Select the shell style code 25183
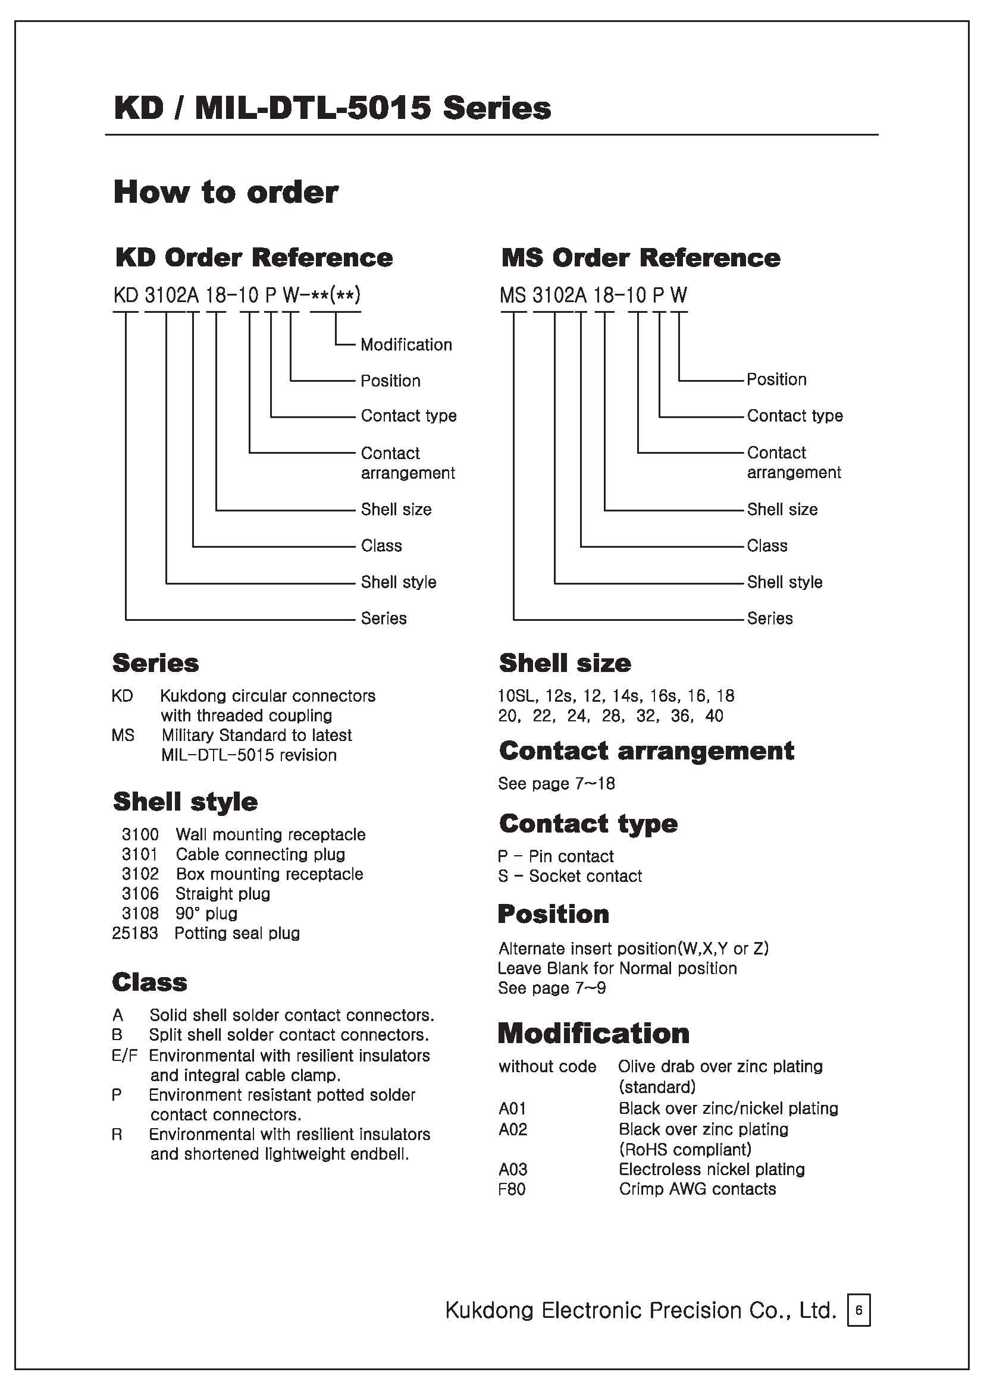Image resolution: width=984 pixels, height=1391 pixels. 134,933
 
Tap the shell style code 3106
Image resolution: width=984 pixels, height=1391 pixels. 140,894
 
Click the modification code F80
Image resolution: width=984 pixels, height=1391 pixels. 512,1189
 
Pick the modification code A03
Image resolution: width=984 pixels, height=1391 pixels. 513,1169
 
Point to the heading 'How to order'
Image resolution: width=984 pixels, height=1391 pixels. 225,192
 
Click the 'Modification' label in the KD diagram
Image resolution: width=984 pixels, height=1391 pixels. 406,345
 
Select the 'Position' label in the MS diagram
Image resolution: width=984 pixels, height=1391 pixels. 776,379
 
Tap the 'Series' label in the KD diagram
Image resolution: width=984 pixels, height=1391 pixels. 384,618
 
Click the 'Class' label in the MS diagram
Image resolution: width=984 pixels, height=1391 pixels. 767,546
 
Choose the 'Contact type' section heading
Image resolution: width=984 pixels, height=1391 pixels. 588,824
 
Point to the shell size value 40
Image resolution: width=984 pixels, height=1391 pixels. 715,716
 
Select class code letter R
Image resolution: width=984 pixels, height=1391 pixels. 117,1134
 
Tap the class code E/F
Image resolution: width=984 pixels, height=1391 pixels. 124,1056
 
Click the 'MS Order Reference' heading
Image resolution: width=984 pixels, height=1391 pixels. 641,258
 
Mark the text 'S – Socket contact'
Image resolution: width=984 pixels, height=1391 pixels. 569,876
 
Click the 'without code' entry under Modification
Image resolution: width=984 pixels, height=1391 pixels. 547,1066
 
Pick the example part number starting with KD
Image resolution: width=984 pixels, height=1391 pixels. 236,295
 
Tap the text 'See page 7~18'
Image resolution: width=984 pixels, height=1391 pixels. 556,784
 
